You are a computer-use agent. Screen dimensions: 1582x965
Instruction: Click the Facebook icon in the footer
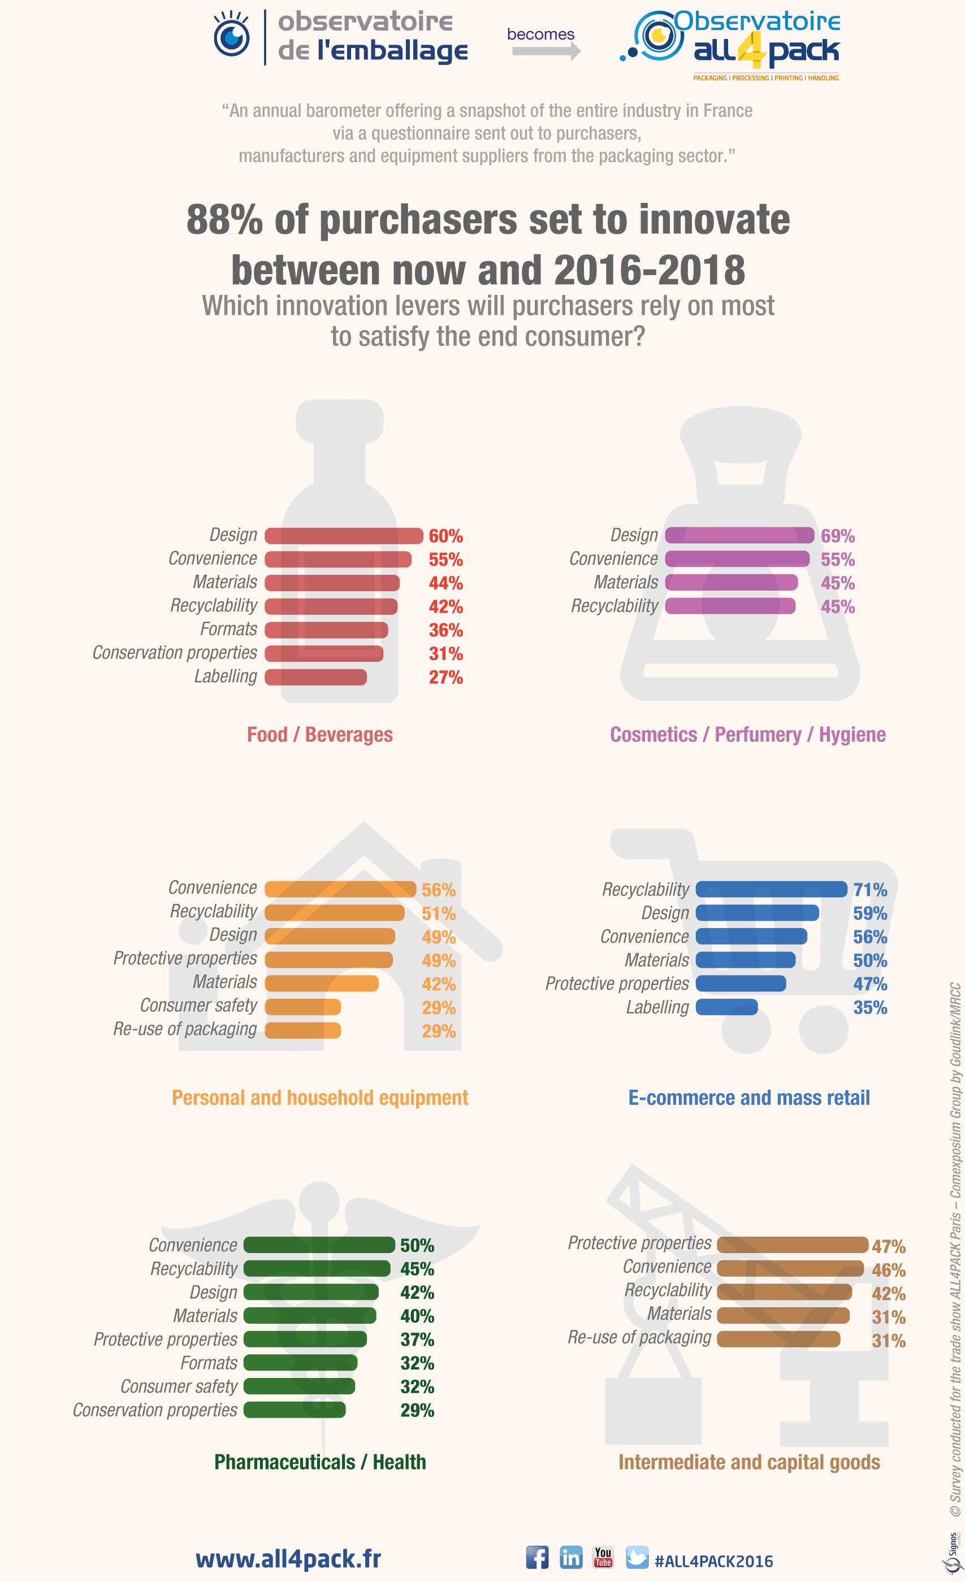click(x=538, y=1557)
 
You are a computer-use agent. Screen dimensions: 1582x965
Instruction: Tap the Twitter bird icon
click(x=637, y=1557)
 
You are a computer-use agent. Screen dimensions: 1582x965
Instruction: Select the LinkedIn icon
click(x=571, y=1557)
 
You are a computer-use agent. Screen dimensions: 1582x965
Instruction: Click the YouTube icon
click(x=603, y=1557)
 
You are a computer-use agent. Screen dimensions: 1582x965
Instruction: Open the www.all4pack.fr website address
click(x=288, y=1558)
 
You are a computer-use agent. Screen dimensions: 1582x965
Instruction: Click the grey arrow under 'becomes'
click(x=546, y=51)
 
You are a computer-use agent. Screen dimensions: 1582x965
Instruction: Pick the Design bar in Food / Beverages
click(x=344, y=535)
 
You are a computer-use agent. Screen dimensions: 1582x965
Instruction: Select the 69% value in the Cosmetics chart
click(x=837, y=535)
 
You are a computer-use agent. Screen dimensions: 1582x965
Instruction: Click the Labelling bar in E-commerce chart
click(x=726, y=1007)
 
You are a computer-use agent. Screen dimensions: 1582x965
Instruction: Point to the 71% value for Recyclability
click(x=869, y=889)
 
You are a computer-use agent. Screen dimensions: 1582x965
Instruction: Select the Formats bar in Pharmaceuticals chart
click(x=300, y=1363)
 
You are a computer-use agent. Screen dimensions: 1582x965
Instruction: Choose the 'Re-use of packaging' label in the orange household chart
click(x=185, y=1029)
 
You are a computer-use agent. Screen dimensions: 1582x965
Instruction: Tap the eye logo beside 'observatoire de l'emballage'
click(x=232, y=37)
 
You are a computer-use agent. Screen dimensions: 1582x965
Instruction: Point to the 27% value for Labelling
click(x=445, y=677)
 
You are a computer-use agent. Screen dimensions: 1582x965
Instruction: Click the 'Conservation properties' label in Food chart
click(x=175, y=652)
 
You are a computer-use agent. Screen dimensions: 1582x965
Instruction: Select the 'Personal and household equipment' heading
click(x=320, y=1097)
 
